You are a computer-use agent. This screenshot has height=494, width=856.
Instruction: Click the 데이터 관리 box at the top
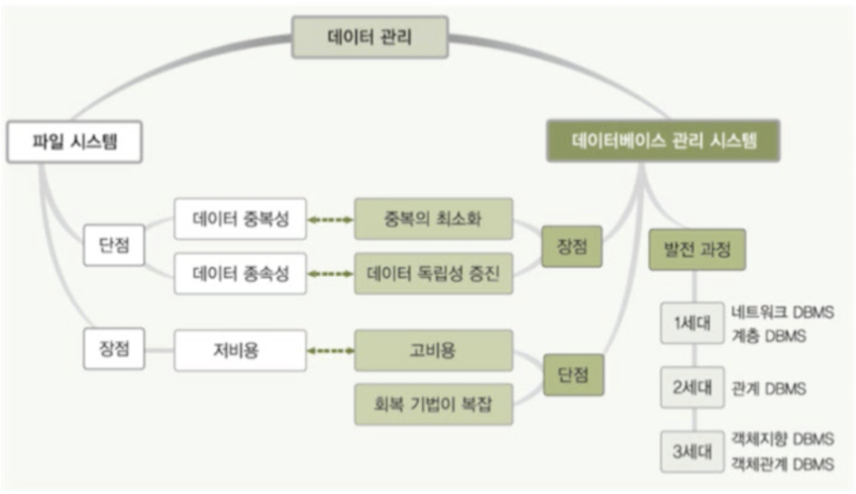click(x=369, y=38)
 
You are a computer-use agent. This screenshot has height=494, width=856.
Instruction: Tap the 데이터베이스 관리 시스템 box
click(x=663, y=140)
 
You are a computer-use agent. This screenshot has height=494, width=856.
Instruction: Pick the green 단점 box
click(x=572, y=376)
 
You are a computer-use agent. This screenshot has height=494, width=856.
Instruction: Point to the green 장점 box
click(x=572, y=247)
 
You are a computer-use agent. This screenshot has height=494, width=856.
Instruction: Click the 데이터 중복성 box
click(x=240, y=219)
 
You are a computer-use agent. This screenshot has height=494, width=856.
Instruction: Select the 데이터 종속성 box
click(x=240, y=274)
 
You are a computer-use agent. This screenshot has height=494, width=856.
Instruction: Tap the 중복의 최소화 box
click(x=433, y=219)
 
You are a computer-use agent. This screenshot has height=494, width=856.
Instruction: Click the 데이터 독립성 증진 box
click(x=433, y=274)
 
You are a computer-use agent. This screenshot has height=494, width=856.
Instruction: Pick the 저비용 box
click(x=240, y=350)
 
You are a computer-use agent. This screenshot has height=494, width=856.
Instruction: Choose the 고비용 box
click(x=433, y=350)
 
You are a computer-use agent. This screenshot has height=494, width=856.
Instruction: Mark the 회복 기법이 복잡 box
click(x=433, y=404)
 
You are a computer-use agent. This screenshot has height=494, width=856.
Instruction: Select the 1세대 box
click(x=693, y=323)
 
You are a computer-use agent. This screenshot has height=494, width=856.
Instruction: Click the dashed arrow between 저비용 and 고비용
click(x=330, y=350)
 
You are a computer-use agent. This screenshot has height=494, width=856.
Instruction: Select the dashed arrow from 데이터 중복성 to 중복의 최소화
click(x=330, y=219)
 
